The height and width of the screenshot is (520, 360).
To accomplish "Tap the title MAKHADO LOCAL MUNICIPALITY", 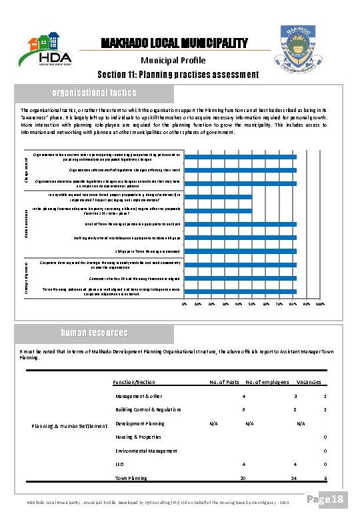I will (174, 44).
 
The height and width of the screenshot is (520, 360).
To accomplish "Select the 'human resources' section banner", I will (94, 333).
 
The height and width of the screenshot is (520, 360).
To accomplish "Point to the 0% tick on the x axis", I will (185, 305).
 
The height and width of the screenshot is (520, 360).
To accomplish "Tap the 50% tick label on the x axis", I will (252, 305).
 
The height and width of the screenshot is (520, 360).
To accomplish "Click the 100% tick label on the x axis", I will (320, 305).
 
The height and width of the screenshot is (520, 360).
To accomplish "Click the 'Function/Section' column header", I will (135, 382).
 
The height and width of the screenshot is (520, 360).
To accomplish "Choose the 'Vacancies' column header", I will (309, 382).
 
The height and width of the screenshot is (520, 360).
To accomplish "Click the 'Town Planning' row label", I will (131, 478).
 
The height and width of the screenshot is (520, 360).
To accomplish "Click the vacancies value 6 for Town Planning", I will (325, 478).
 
